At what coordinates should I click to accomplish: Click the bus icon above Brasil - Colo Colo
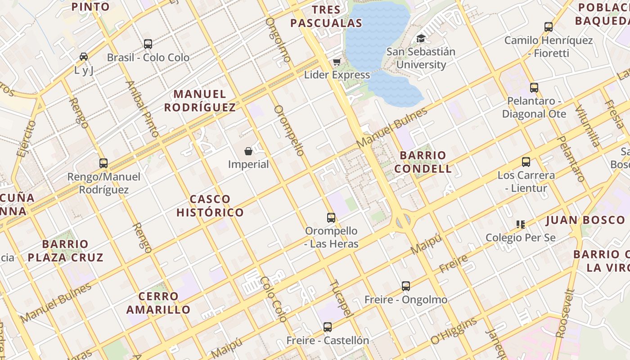pos(148,44)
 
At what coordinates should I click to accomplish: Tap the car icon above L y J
pos(84,57)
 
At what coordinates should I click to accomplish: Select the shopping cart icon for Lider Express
pos(337,62)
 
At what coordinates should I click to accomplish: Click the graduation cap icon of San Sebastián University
pos(421,38)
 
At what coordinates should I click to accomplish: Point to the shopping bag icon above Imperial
pos(248,151)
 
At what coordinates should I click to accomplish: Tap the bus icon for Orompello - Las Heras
pos(331,218)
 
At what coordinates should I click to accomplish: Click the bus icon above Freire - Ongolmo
pos(406,286)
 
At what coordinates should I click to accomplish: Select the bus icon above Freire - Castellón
pos(328,327)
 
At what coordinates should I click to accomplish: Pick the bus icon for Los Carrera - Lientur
pos(526,162)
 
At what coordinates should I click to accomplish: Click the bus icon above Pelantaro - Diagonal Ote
pos(534,88)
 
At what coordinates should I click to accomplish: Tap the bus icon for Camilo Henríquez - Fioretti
pos(549,27)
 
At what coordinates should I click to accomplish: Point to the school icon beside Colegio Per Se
pos(521,224)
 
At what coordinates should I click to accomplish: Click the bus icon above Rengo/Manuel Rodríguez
pos(103,163)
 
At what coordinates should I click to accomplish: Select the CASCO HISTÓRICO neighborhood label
pos(210,206)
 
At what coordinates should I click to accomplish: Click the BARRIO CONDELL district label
pos(426,162)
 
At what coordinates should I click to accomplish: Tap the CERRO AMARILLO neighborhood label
pos(158,303)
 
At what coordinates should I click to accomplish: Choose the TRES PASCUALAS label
pos(326,17)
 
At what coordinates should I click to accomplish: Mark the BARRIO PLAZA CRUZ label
pos(66,251)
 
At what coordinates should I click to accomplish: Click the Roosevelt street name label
pos(565,313)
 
